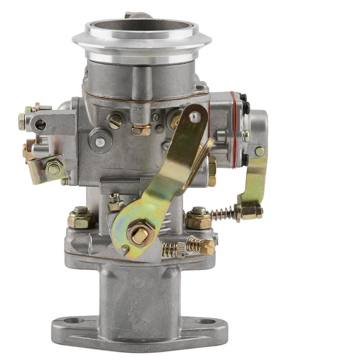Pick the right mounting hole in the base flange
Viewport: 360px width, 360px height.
pos(205,321)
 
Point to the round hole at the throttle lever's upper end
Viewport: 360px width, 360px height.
pos(195,116)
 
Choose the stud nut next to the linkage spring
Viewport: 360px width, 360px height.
pos(198,218)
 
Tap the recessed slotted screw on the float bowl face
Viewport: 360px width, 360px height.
pos(115,121)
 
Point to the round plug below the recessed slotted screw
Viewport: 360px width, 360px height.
pos(99,141)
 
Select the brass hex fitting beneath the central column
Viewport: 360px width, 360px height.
pos(141,130)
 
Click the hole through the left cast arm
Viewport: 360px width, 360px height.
pos(40,125)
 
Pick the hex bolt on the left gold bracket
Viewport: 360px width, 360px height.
pos(54,169)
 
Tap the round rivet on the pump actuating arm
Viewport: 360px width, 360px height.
pos(260,151)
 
